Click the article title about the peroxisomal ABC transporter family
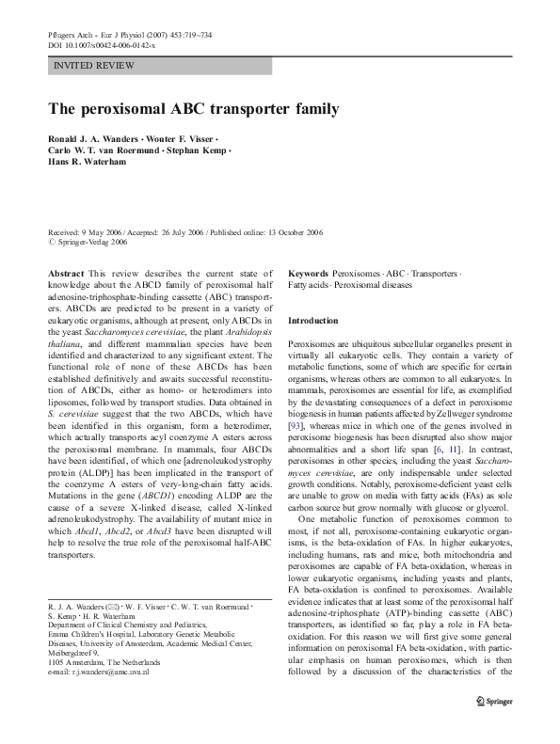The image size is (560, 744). pos(192,108)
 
